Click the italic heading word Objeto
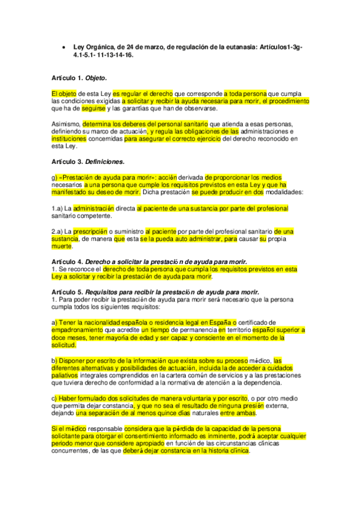point(96,78)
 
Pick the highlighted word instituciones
point(70,138)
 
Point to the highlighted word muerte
point(62,245)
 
